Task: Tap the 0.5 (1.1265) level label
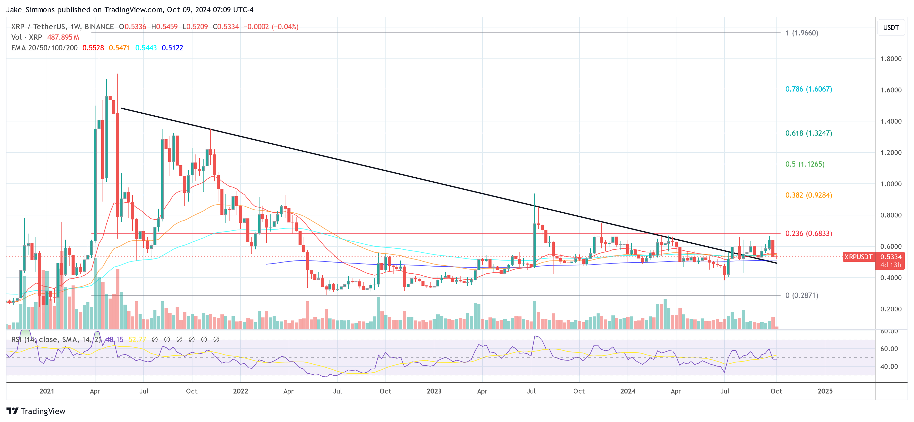tap(804, 164)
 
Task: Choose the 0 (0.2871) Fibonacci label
tap(802, 295)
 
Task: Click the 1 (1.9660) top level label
tap(802, 33)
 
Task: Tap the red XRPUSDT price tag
tap(858, 257)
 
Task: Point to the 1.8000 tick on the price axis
tap(891, 59)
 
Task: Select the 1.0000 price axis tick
tap(891, 184)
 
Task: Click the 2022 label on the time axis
tap(240, 391)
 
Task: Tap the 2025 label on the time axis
tap(825, 391)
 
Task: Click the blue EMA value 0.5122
tap(172, 48)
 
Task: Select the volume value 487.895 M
tap(63, 37)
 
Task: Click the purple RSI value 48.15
tap(115, 340)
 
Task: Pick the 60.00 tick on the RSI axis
tap(889, 349)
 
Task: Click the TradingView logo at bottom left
tap(36, 411)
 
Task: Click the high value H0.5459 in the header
tap(164, 27)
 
